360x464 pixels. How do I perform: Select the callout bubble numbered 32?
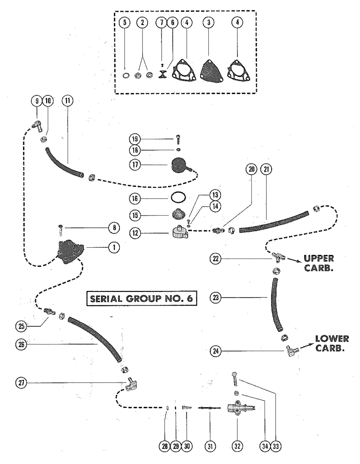237,446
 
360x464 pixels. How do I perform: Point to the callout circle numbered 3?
208,22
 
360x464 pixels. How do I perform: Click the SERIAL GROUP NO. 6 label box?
141,299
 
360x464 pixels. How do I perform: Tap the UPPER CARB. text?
319,263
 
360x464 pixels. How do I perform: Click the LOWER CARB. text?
332,344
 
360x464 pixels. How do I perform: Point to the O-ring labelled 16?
178,198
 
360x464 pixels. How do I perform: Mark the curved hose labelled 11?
63,160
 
